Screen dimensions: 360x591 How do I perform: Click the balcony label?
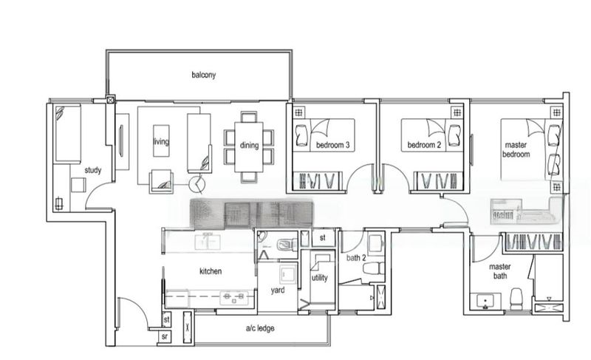pyautogui.click(x=202, y=75)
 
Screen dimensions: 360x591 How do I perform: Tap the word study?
pyautogui.click(x=92, y=171)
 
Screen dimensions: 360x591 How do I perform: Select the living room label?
pyautogui.click(x=161, y=142)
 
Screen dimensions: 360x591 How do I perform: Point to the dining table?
pyautogui.click(x=249, y=146)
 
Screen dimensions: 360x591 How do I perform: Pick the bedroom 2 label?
pyautogui.click(x=426, y=146)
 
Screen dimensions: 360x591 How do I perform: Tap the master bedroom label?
pyautogui.click(x=516, y=150)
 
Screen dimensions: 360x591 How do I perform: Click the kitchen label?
pyautogui.click(x=211, y=271)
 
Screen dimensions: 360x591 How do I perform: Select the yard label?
pyautogui.click(x=279, y=290)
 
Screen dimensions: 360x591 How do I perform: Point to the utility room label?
pyautogui.click(x=319, y=278)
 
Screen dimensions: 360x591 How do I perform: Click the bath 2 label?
pyautogui.click(x=357, y=258)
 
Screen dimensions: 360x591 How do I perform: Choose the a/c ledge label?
pyautogui.click(x=260, y=327)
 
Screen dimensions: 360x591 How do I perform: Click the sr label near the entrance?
pyautogui.click(x=165, y=338)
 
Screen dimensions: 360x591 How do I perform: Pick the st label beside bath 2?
pyautogui.click(x=322, y=238)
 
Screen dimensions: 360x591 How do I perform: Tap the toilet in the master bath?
pyautogui.click(x=516, y=296)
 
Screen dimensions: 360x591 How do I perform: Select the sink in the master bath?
pyautogui.click(x=485, y=300)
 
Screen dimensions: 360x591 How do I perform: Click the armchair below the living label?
pyautogui.click(x=160, y=180)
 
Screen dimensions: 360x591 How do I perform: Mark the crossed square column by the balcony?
pyautogui.click(x=111, y=99)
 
